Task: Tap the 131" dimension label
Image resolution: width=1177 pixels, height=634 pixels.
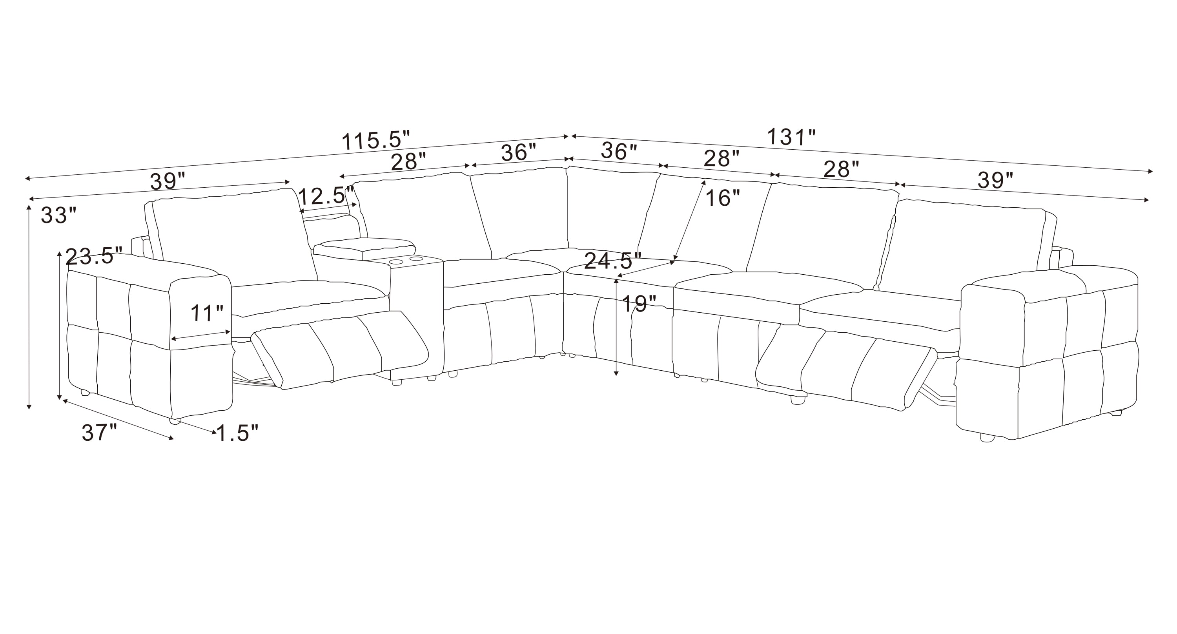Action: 791,137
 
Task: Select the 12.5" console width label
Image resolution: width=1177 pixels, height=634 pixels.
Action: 326,196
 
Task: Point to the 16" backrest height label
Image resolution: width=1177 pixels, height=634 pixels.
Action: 722,198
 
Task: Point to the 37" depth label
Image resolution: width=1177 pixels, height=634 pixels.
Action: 99,432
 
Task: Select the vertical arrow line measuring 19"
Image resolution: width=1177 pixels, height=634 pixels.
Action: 616,327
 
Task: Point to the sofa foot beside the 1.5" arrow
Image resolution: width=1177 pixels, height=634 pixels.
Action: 175,420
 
